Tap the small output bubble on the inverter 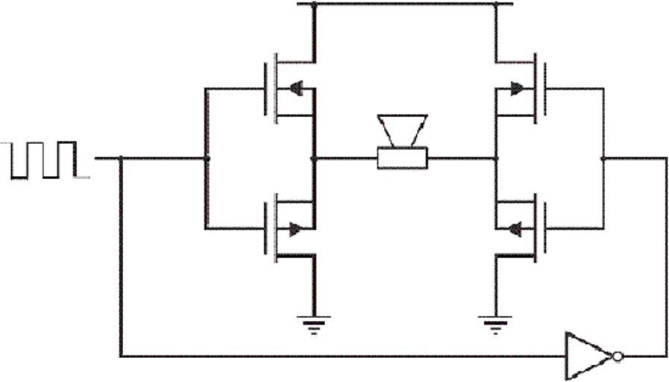[617, 357]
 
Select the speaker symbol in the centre [402, 142]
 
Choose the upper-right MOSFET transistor [522, 88]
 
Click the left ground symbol [314, 324]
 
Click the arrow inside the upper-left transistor [295, 88]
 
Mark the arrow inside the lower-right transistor [515, 229]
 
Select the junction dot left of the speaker [314, 158]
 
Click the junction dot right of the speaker [495, 158]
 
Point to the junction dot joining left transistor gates [207, 158]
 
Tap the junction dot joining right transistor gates [603, 158]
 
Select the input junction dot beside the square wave [121, 158]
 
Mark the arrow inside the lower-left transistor [296, 229]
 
